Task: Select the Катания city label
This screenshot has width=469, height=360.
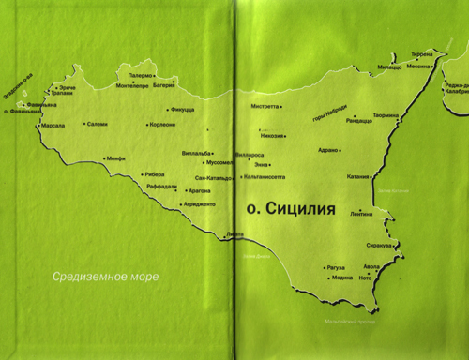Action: [x=357, y=175]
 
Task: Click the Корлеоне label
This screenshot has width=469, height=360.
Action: [x=162, y=124]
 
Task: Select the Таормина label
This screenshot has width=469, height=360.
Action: [x=386, y=116]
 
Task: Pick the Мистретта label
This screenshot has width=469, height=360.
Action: [x=265, y=106]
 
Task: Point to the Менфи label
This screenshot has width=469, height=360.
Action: [x=114, y=158]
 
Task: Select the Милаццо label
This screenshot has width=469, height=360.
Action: [x=389, y=67]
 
